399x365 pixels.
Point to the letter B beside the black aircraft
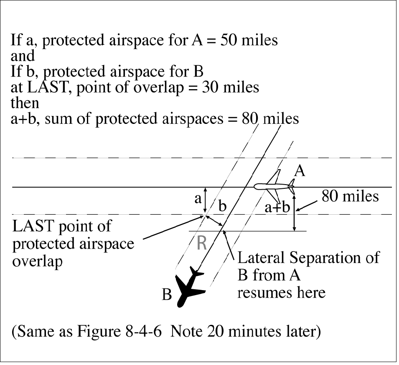click(167, 295)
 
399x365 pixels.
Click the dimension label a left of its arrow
click(198, 198)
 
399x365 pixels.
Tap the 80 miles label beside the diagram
click(350, 195)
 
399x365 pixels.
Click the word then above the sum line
click(24, 103)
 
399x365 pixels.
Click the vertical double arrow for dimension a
click(205, 201)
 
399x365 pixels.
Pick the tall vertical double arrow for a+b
click(295, 214)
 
